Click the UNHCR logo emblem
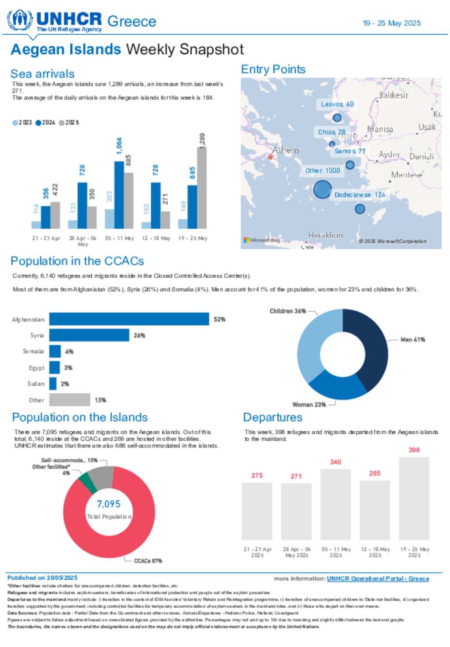pyautogui.click(x=20, y=20)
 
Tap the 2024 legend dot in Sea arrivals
pyautogui.click(x=38, y=123)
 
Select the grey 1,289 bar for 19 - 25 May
pyautogui.click(x=202, y=188)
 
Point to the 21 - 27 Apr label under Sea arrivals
pyautogui.click(x=46, y=238)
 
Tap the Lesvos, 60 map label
pyautogui.click(x=337, y=104)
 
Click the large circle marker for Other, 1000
pyautogui.click(x=322, y=190)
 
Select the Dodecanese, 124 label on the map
pyautogui.click(x=359, y=195)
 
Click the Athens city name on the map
pyautogui.click(x=286, y=150)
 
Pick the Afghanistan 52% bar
pyautogui.click(x=129, y=319)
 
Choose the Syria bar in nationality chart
pyautogui.click(x=89, y=335)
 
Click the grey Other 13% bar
pyautogui.click(x=69, y=400)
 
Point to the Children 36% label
pyautogui.click(x=288, y=311)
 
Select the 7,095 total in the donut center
pyautogui.click(x=109, y=504)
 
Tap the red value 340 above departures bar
pyautogui.click(x=336, y=462)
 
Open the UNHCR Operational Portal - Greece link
pyautogui.click(x=377, y=578)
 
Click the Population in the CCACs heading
pyautogui.click(x=77, y=261)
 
